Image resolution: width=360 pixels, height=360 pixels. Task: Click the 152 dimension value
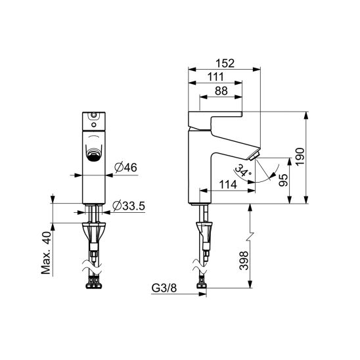[x=225, y=64]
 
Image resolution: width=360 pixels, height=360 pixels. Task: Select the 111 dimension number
[x=215, y=77]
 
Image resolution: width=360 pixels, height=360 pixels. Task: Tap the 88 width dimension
[x=221, y=91]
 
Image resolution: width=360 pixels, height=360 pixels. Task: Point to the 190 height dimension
[x=300, y=156]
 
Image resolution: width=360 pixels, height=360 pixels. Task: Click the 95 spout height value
[x=283, y=180]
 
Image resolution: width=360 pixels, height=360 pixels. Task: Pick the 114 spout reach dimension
[x=228, y=185]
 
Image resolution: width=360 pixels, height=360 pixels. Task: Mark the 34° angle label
[x=243, y=170]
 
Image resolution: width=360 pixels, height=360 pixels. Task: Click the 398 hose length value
[x=244, y=261]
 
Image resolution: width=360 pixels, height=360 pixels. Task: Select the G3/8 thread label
[x=164, y=288]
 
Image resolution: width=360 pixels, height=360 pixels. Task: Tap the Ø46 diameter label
[x=125, y=168]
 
